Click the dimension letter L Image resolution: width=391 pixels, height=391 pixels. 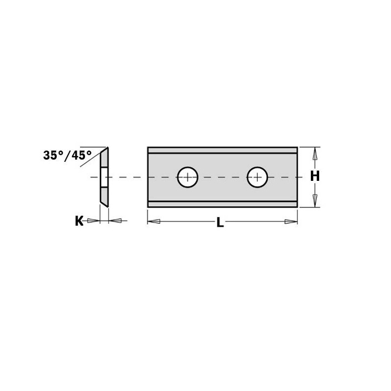[x=220, y=223]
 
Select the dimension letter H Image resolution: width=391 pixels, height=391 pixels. [x=315, y=176]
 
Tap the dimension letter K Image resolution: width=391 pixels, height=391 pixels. [x=79, y=221]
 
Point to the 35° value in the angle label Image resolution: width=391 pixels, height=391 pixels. [x=53, y=155]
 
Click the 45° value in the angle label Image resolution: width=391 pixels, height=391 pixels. [x=81, y=155]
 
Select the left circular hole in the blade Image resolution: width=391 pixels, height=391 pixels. [x=188, y=177]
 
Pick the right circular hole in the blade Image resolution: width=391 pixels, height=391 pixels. [x=257, y=177]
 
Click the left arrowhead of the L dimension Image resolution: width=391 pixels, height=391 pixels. [x=154, y=222]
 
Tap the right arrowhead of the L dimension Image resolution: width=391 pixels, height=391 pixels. [x=291, y=222]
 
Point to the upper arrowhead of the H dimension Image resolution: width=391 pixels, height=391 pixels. [x=315, y=154]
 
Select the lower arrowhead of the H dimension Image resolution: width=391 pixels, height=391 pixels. [x=315, y=200]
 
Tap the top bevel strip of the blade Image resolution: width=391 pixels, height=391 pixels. [x=222, y=150]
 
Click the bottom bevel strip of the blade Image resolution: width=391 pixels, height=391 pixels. [x=222, y=204]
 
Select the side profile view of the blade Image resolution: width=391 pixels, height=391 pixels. [x=105, y=176]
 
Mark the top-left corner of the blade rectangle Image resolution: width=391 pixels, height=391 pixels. [x=148, y=147]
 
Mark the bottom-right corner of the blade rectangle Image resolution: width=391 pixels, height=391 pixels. [x=297, y=207]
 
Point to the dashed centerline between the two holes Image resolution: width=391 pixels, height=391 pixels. [x=222, y=177]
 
